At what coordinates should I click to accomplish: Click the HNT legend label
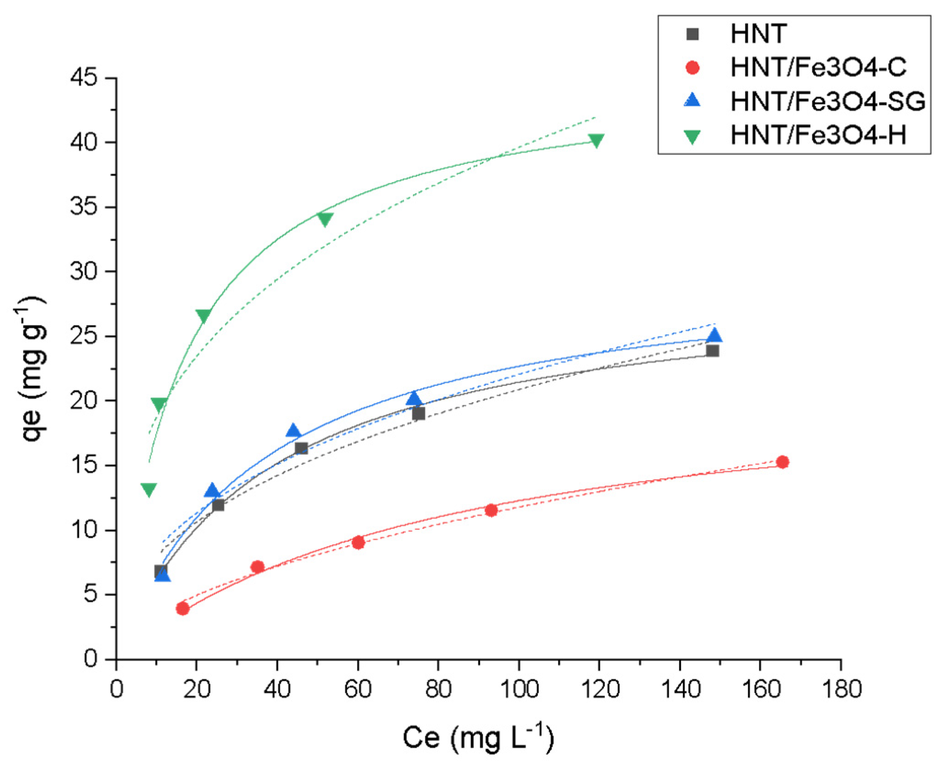point(758,34)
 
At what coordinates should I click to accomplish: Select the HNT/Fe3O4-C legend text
point(818,67)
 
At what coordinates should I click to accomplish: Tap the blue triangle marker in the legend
point(692,100)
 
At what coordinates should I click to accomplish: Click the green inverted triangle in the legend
point(692,136)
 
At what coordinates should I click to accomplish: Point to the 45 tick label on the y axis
point(84,77)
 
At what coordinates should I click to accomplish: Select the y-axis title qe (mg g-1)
point(33,370)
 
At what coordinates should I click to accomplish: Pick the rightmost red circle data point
point(783,462)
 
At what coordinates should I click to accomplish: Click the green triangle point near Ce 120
point(596,140)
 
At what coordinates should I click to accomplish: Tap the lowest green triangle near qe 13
point(149,489)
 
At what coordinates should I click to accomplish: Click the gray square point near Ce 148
point(712,351)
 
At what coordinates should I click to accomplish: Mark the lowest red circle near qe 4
point(183,608)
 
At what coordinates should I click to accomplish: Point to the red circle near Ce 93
point(491,510)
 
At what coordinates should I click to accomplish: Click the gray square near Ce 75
point(418,414)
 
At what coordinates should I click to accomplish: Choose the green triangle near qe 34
point(325,219)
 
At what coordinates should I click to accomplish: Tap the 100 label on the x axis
point(519,689)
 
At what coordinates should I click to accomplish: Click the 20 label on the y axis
point(84,401)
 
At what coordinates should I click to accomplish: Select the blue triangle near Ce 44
point(293,431)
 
